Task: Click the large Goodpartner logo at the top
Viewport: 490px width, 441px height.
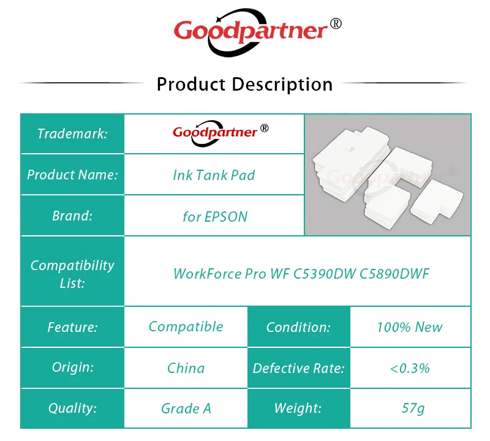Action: tap(257, 32)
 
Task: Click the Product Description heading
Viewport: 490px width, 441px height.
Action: tap(244, 85)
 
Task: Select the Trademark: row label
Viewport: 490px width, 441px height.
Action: tap(72, 134)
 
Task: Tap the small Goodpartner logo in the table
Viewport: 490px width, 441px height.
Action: tap(221, 133)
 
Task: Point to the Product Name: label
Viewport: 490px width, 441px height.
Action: tap(72, 175)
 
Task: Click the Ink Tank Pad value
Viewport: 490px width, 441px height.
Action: tap(214, 175)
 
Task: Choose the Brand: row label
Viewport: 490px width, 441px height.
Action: tap(72, 216)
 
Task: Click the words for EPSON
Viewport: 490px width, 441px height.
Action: tap(216, 217)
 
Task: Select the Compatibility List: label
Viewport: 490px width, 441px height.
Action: tap(72, 274)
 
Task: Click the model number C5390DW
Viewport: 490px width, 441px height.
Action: tap(325, 274)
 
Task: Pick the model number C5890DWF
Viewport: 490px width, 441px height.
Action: tap(394, 274)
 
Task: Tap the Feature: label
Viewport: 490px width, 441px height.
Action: tap(72, 327)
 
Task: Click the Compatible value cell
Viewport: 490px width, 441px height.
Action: tap(186, 327)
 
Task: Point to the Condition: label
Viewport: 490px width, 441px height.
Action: tap(298, 327)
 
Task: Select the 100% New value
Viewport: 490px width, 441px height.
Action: tap(410, 327)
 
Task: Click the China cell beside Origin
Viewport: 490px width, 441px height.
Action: tap(186, 368)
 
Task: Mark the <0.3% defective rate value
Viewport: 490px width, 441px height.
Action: tap(410, 368)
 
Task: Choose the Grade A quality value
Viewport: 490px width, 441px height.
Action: tap(186, 409)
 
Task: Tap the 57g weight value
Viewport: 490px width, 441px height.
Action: tap(413, 408)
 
